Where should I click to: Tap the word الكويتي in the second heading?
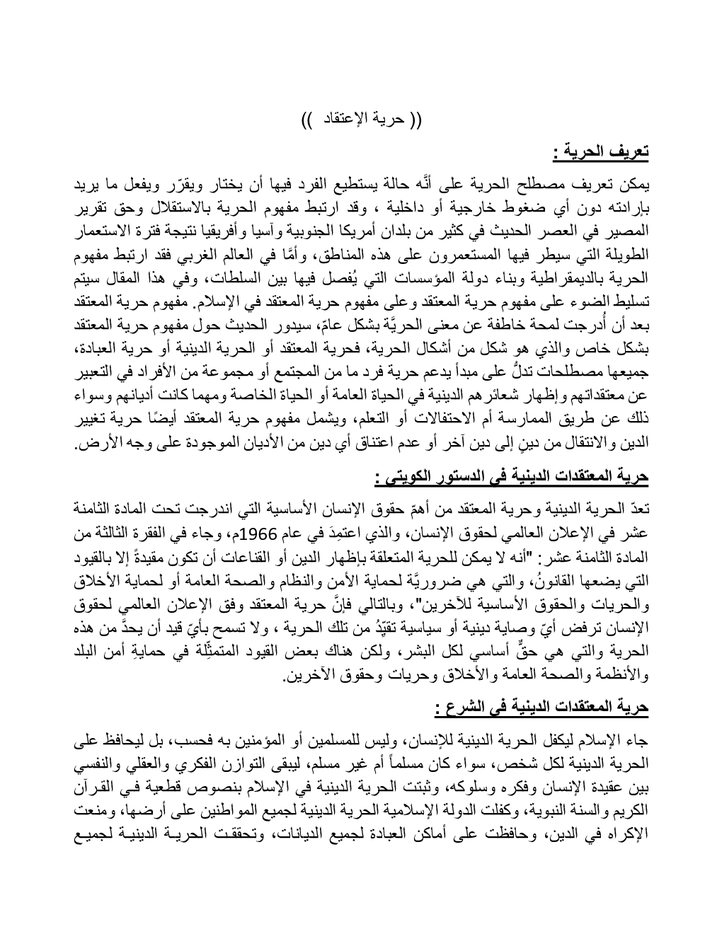pyautogui.click(x=405, y=478)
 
